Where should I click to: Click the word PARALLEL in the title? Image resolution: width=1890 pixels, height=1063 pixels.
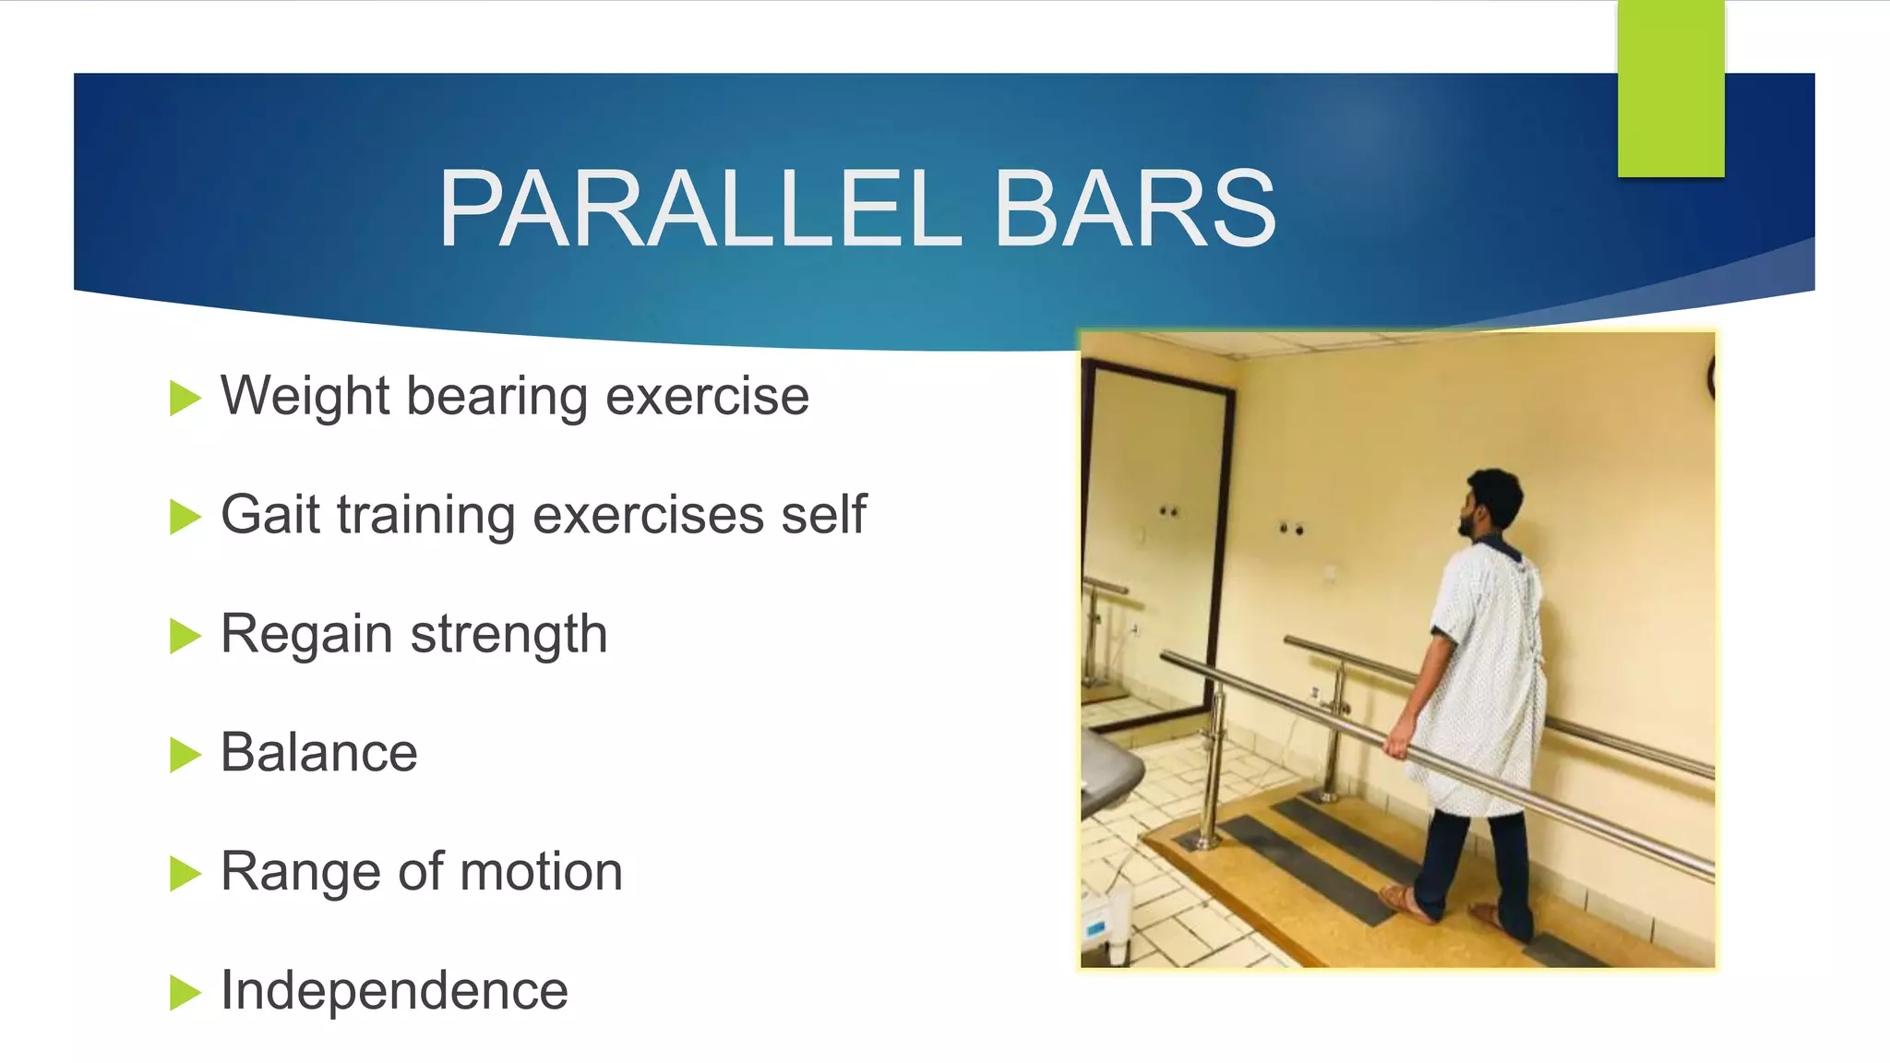click(x=699, y=209)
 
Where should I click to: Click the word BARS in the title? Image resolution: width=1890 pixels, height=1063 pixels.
click(x=1134, y=209)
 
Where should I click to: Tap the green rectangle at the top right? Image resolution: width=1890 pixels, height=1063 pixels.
click(x=1670, y=88)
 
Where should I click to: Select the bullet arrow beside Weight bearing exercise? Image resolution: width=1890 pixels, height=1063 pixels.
click(x=185, y=399)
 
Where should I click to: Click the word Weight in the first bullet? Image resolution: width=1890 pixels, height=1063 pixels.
click(x=305, y=397)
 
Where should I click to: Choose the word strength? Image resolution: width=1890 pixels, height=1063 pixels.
click(x=508, y=635)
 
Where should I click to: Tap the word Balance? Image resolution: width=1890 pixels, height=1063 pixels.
click(x=318, y=752)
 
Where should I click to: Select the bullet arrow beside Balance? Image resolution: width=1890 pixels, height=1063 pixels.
click(x=185, y=755)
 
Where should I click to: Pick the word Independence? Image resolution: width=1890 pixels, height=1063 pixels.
click(x=394, y=990)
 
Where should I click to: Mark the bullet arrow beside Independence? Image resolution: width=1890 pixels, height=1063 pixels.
click(x=185, y=993)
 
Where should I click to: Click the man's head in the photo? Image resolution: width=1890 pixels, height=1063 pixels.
click(x=1492, y=500)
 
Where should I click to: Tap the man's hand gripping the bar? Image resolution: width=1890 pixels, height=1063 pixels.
click(x=1397, y=741)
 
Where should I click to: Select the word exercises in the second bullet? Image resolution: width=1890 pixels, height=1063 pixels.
click(x=648, y=514)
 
